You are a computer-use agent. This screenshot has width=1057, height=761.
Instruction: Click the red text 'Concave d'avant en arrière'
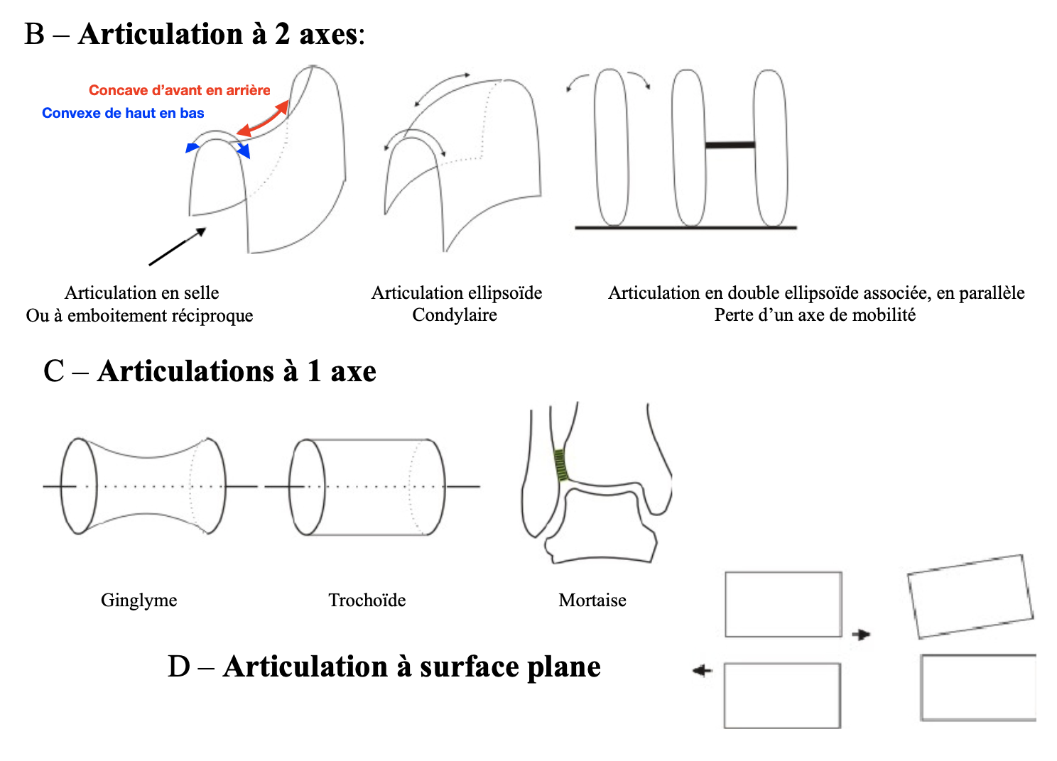pos(179,90)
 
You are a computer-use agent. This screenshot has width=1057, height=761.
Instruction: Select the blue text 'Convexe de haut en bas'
pos(123,113)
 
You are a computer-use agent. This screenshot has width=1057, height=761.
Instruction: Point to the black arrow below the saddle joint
pos(177,246)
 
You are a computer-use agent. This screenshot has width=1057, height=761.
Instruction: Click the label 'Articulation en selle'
pos(141,292)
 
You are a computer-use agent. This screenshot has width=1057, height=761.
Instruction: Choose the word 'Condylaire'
pos(455,314)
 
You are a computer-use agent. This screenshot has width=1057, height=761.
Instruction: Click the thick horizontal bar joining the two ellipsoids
pos(730,145)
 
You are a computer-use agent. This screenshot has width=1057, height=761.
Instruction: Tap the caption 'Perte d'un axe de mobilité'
pos(815,314)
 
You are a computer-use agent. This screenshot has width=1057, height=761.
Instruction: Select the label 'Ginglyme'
pos(139,600)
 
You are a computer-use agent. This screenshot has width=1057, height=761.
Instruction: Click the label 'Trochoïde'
pos(367,600)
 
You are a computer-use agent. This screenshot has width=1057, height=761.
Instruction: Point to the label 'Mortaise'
pos(592,600)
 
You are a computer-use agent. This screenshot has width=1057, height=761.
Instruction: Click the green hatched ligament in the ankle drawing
pos(562,465)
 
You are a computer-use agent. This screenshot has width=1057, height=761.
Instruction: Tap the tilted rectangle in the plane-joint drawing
pos(970,596)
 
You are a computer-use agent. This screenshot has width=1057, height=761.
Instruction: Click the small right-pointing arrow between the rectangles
pos(861,634)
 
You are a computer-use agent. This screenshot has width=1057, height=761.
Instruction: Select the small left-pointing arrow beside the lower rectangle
pos(702,670)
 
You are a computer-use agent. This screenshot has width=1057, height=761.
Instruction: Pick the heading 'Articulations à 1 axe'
pos(237,371)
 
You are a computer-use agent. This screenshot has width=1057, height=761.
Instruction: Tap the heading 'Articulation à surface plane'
pos(411,667)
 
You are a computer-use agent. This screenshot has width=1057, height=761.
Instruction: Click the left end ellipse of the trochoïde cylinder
pos(307,487)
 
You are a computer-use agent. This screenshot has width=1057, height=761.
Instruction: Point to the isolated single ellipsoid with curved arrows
pos(611,147)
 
